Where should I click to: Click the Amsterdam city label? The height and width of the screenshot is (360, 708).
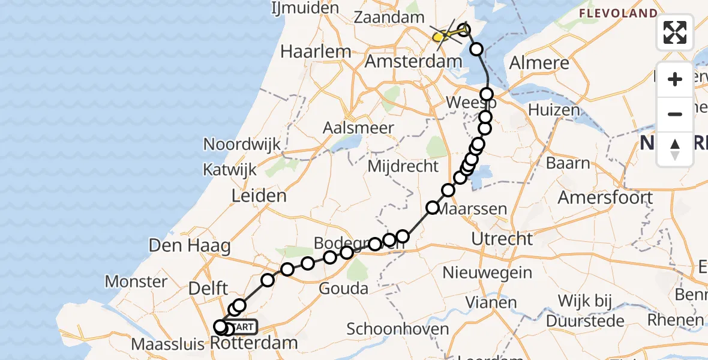point(413,61)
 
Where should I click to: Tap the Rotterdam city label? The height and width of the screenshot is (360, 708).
point(254,343)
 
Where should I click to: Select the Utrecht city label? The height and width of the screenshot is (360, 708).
point(502,239)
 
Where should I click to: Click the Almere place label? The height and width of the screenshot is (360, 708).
point(539,63)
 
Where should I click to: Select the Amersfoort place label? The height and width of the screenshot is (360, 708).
point(605,197)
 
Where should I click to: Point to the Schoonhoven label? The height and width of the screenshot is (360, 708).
point(398,329)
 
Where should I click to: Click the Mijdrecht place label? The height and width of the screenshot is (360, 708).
point(403,166)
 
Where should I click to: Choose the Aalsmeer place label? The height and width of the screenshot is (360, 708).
point(358,128)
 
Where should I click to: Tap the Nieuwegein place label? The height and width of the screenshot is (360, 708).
point(487,272)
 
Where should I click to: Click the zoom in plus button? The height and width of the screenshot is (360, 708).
point(675,79)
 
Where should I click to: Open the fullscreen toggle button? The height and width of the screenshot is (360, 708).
point(675,32)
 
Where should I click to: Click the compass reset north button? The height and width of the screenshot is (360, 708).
point(675,149)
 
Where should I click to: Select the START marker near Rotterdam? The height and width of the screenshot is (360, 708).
point(244,327)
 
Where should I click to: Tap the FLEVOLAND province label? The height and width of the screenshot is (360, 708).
point(617,13)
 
